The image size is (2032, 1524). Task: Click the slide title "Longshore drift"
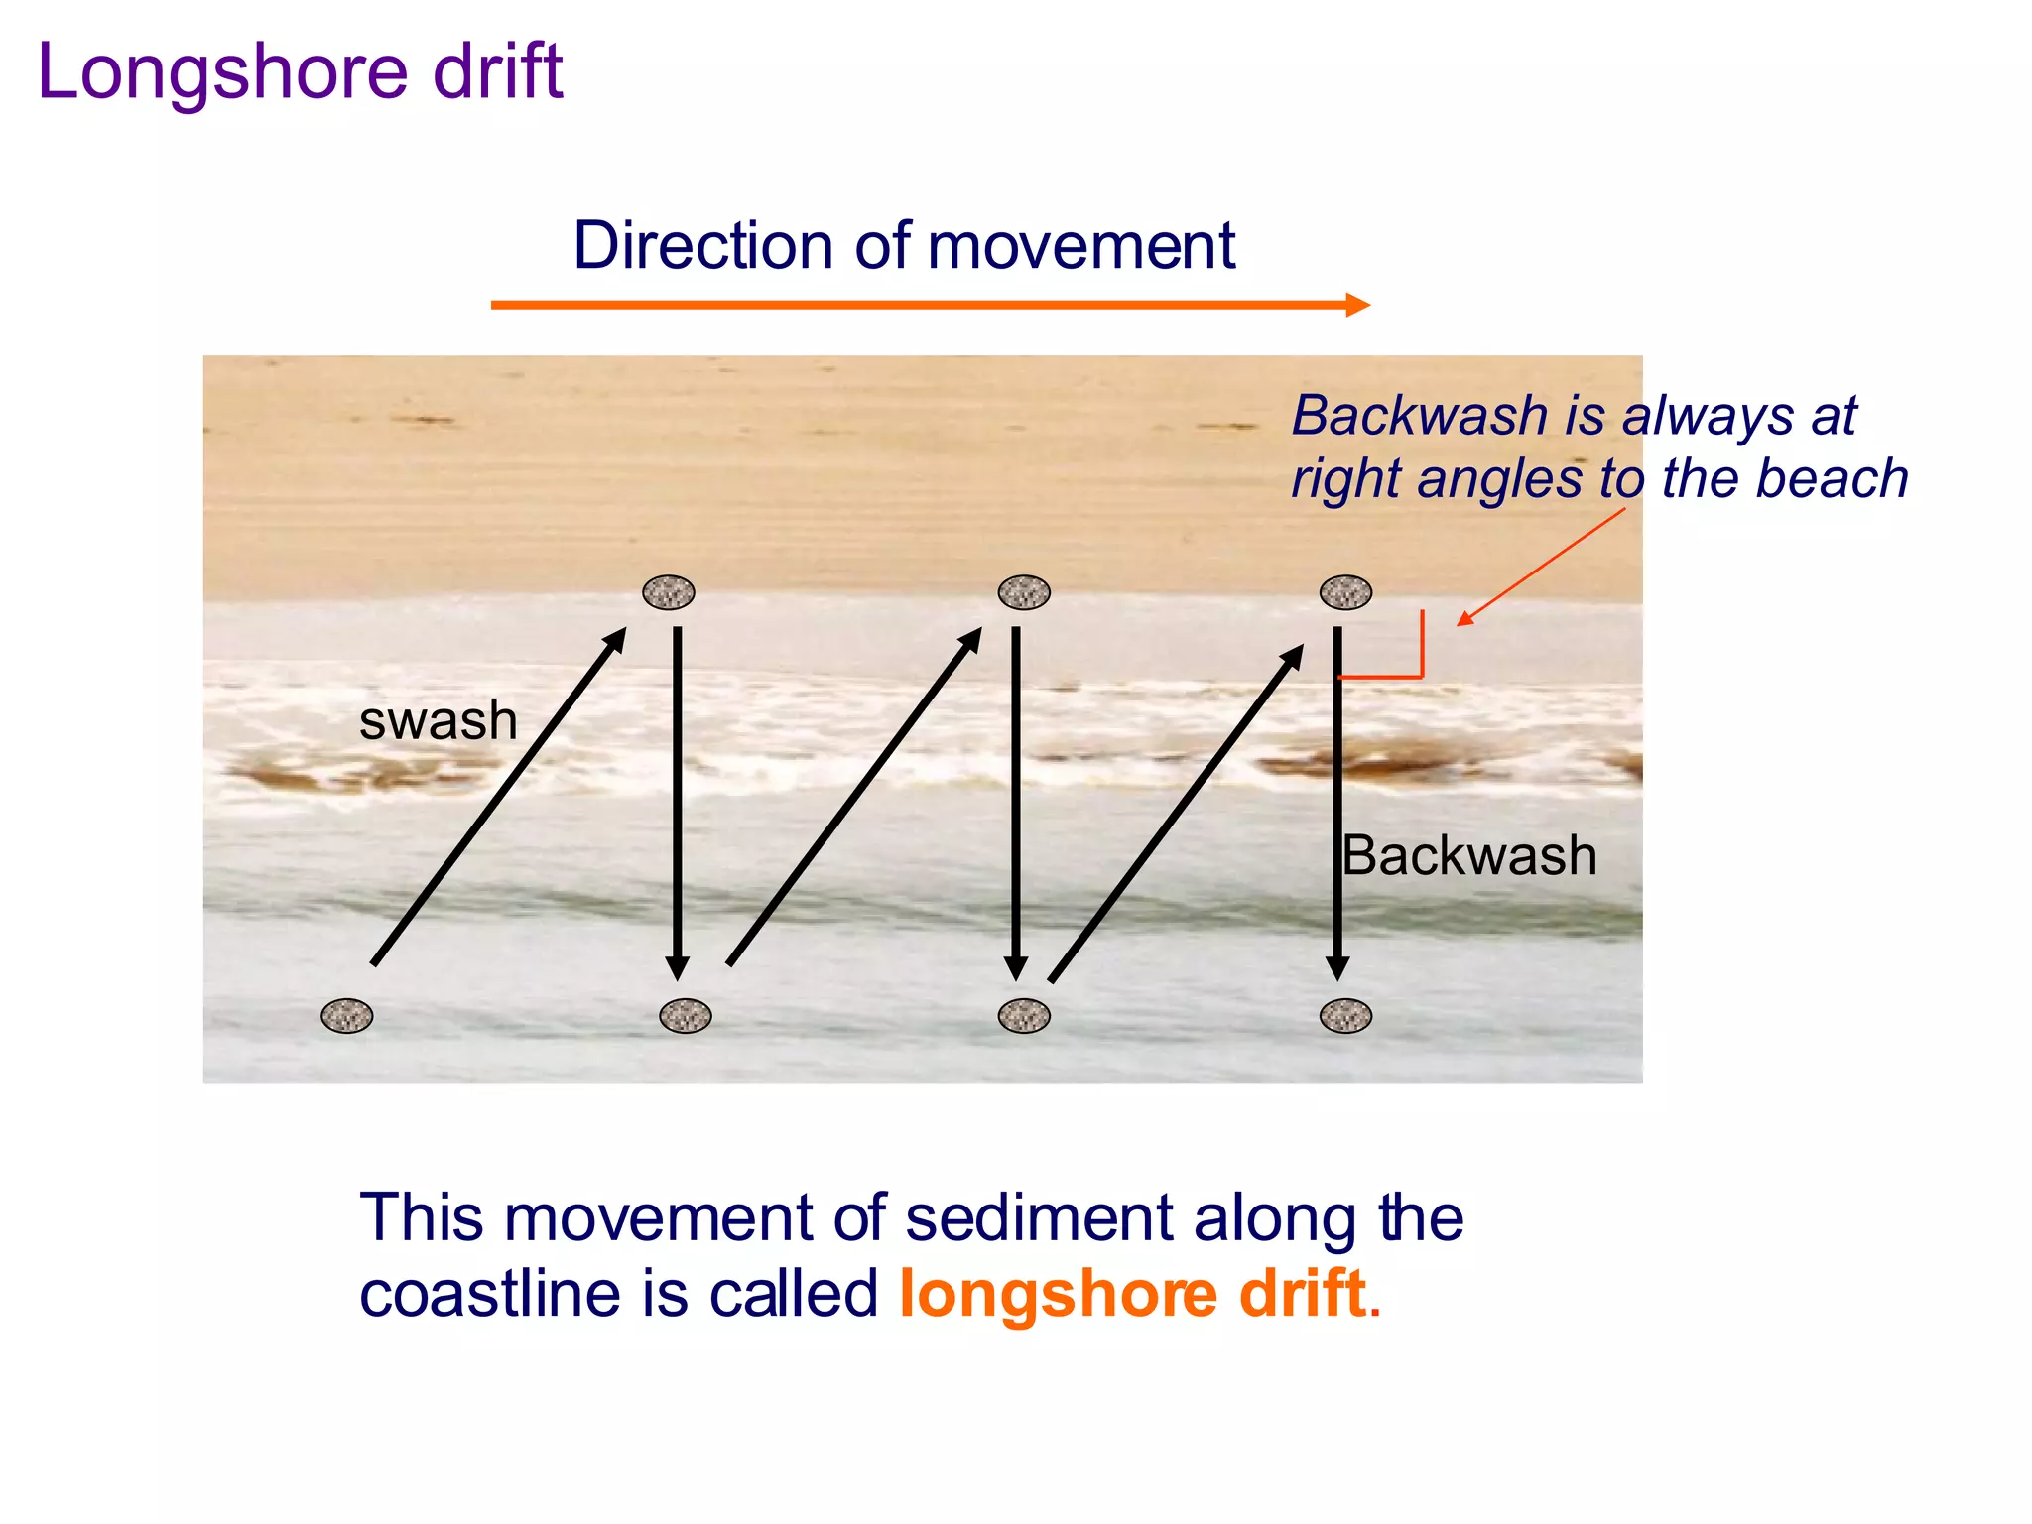[300, 72]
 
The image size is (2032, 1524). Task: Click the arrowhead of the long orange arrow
[1357, 305]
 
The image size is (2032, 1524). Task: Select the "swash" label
[438, 720]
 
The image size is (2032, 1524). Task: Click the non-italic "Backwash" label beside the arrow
[1468, 855]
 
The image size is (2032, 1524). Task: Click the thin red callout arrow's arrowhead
[1464, 619]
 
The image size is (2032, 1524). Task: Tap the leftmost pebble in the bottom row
[347, 1016]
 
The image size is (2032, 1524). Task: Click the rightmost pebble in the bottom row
[1345, 1016]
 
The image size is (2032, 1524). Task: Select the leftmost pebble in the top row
[669, 592]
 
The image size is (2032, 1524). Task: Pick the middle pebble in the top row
[1024, 592]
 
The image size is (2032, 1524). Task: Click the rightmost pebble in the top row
[1345, 592]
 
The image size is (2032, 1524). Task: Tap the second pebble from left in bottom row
[686, 1016]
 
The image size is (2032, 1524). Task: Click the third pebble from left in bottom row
[1024, 1016]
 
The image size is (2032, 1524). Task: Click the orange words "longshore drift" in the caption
[1133, 1294]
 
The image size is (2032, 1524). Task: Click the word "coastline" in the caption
[493, 1294]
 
